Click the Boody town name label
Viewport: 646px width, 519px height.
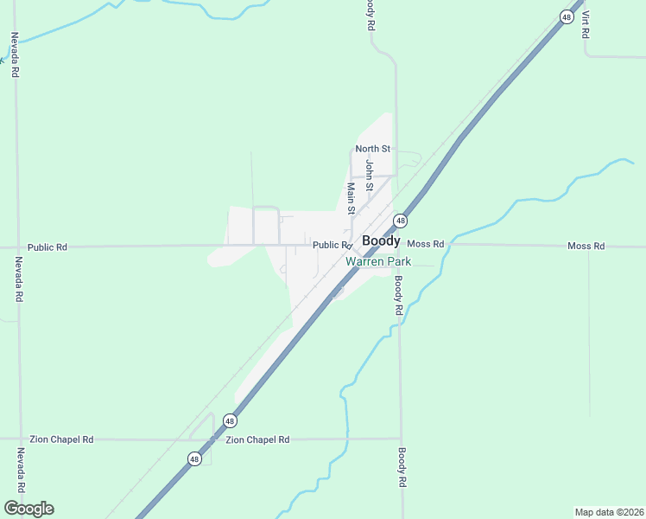(x=381, y=241)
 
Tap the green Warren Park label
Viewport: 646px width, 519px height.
(x=378, y=261)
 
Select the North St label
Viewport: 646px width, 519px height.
(x=373, y=149)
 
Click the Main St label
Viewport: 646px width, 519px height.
(x=351, y=198)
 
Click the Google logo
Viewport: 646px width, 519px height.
(x=28, y=509)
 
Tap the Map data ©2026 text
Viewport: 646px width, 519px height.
(x=609, y=511)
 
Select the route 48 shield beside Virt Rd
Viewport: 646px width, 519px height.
(x=567, y=16)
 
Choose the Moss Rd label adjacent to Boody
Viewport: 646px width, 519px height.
(x=425, y=245)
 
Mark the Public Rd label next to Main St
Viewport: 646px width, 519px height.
(x=331, y=245)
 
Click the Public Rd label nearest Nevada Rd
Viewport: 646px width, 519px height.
(x=47, y=247)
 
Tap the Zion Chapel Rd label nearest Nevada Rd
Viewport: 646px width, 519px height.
(x=61, y=439)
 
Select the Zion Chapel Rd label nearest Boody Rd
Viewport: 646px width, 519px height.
(x=257, y=439)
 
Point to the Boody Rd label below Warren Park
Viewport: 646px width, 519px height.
(x=398, y=295)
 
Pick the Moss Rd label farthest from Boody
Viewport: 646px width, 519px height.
(x=586, y=246)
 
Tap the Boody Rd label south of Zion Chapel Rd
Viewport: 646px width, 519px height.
(x=402, y=468)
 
